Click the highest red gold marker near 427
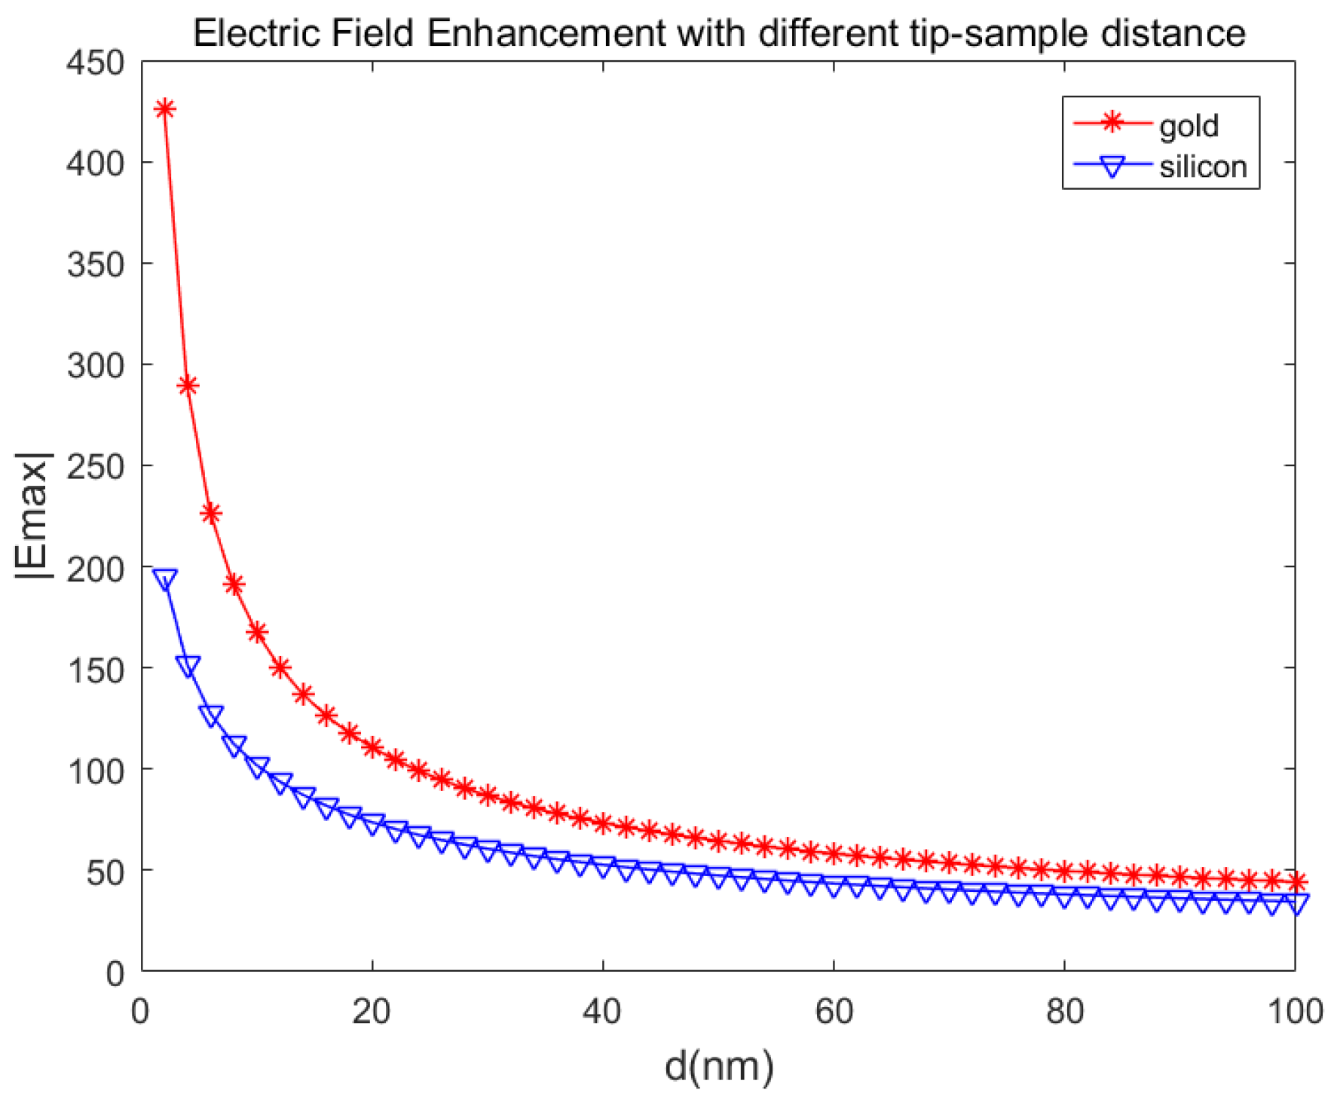[x=164, y=109]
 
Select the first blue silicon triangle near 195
[x=164, y=579]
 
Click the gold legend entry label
[x=1189, y=125]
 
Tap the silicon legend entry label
[x=1203, y=166]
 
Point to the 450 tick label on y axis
[x=96, y=63]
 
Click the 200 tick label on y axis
[x=96, y=569]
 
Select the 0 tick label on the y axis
[x=114, y=973]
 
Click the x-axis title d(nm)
[x=718, y=1066]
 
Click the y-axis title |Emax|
[x=33, y=516]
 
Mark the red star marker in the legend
[x=1112, y=122]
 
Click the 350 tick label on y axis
[x=96, y=265]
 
